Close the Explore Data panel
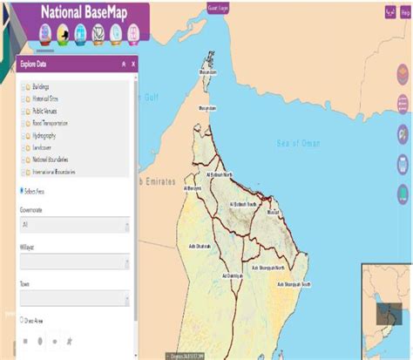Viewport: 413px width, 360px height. (x=133, y=64)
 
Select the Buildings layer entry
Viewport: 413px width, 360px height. (x=41, y=87)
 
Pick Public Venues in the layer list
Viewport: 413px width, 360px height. (x=44, y=112)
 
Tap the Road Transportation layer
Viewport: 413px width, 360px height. (x=49, y=124)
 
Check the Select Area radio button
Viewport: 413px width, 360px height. (x=21, y=191)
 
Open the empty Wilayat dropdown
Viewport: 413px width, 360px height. (x=74, y=262)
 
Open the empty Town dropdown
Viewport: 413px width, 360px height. (x=74, y=297)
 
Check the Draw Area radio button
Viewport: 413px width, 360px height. (x=21, y=320)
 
